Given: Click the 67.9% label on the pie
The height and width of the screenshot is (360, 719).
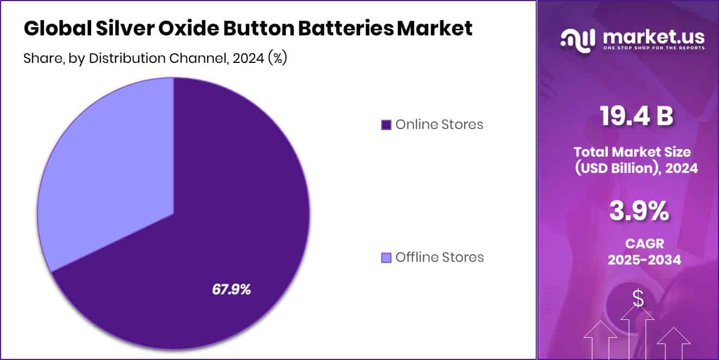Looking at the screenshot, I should pos(232,290).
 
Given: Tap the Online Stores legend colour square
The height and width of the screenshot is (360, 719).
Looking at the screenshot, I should pos(386,125).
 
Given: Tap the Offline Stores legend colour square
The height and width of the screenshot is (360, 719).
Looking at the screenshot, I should pos(386,258).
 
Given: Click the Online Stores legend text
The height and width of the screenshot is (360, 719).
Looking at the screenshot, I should pos(439,125).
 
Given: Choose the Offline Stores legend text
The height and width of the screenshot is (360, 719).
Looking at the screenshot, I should pos(440,258).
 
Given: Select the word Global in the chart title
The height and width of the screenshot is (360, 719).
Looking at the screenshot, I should pos(56,29).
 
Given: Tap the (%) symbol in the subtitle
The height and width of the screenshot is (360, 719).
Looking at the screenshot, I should pos(278,59).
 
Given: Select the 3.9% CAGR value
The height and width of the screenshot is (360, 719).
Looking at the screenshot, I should pos(639,211).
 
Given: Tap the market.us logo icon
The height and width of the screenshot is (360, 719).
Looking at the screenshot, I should pos(578,39).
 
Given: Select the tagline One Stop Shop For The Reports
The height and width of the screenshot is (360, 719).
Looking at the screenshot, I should pos(654,48).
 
